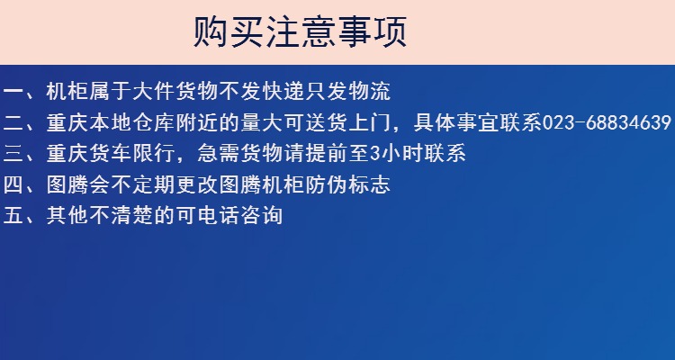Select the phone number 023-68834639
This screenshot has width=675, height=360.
pyautogui.click(x=607, y=122)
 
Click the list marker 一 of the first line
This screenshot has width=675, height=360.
pyautogui.click(x=13, y=92)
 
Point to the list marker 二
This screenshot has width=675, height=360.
pyautogui.click(x=13, y=122)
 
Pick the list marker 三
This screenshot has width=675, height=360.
pyautogui.click(x=13, y=154)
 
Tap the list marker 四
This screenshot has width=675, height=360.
pyautogui.click(x=13, y=184)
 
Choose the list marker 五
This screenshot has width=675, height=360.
pyautogui.click(x=13, y=216)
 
